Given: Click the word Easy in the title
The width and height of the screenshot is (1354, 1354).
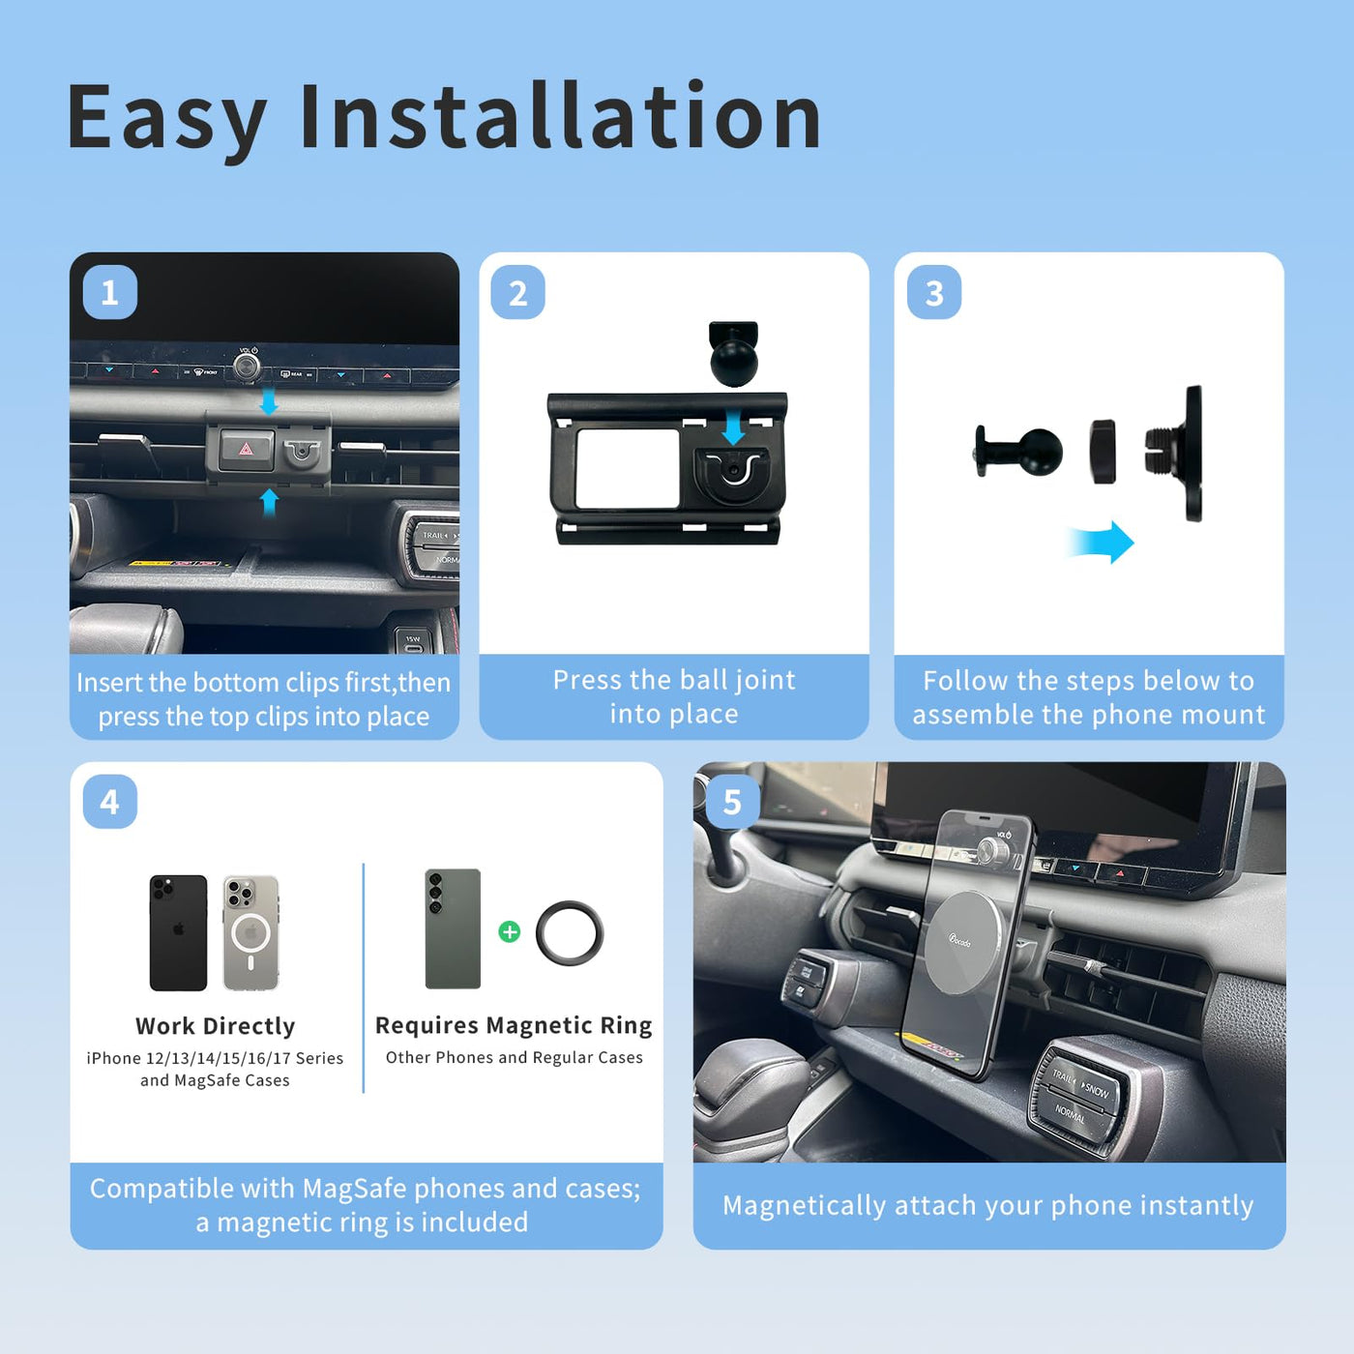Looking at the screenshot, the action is pyautogui.click(x=166, y=118).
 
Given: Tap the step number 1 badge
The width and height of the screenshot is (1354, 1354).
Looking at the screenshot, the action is pyautogui.click(x=109, y=292).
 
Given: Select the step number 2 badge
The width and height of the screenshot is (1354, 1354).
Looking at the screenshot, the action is pyautogui.click(x=517, y=292).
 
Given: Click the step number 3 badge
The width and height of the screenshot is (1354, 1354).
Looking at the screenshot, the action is pyautogui.click(x=934, y=292).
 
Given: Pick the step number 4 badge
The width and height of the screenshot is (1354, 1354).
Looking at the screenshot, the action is pyautogui.click(x=109, y=802).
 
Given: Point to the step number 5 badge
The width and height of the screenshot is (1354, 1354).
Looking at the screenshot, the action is pyautogui.click(x=732, y=802).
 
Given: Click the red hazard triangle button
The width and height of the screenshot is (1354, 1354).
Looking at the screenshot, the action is pyautogui.click(x=246, y=449).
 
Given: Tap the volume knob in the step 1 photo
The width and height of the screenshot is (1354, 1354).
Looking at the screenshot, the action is pyautogui.click(x=247, y=367).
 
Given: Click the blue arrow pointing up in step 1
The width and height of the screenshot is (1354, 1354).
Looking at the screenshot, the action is pyautogui.click(x=269, y=503).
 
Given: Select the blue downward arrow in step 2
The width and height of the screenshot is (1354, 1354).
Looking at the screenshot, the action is pyautogui.click(x=733, y=427).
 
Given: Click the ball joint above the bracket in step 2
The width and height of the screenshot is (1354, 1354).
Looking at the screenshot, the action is pyautogui.click(x=734, y=354).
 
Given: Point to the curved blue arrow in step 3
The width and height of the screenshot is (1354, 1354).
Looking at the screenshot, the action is pyautogui.click(x=1101, y=542).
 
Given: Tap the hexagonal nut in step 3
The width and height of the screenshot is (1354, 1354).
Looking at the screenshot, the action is pyautogui.click(x=1104, y=452).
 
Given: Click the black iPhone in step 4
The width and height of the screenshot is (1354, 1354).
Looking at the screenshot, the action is pyautogui.click(x=179, y=932).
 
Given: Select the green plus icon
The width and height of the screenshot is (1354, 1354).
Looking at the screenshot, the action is pyautogui.click(x=510, y=931).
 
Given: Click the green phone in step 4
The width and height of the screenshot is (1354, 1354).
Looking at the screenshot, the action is pyautogui.click(x=454, y=928).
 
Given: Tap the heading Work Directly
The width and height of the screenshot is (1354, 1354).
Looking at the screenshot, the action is pyautogui.click(x=215, y=1026).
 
